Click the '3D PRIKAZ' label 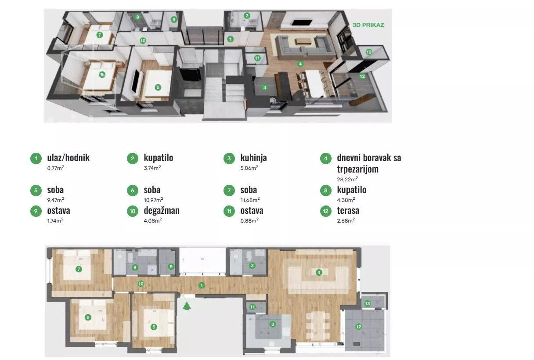click(x=368, y=25)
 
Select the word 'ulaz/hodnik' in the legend click(x=69, y=158)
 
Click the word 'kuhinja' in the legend click(x=253, y=158)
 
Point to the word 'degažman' click(x=162, y=210)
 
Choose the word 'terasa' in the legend click(x=348, y=210)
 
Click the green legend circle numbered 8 click(x=326, y=191)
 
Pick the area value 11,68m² click(x=250, y=200)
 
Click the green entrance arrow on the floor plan click(x=187, y=306)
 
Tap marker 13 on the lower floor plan click(x=368, y=303)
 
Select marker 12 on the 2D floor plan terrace click(x=358, y=327)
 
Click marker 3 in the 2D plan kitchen click(x=272, y=324)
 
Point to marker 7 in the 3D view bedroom click(x=99, y=35)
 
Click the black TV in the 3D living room click(x=302, y=23)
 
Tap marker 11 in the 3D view click(x=257, y=58)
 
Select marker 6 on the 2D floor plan click(x=88, y=317)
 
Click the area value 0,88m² click(x=249, y=220)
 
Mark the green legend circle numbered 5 click(x=36, y=191)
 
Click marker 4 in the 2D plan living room click(x=319, y=272)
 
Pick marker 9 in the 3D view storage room click(x=174, y=20)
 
